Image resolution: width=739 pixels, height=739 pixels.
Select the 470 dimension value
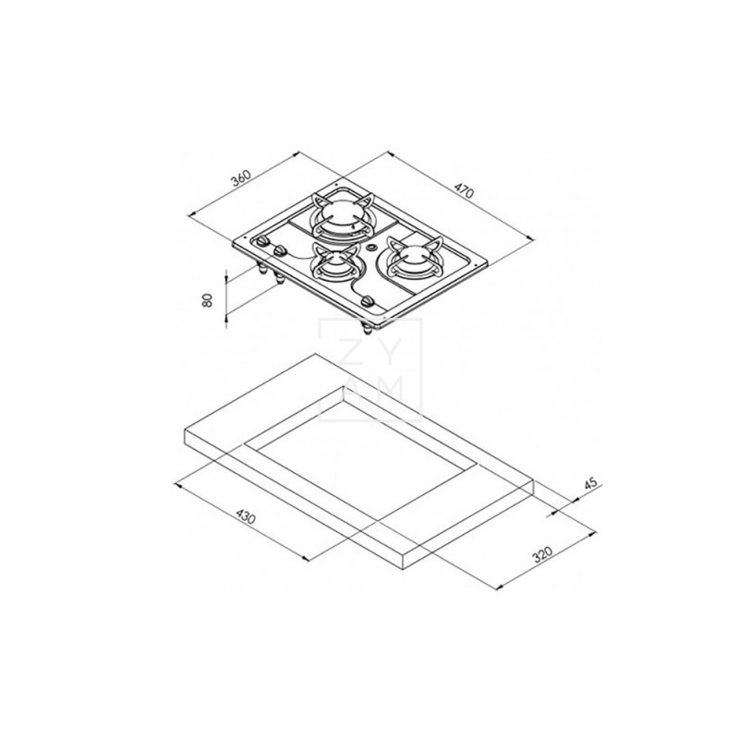(x=463, y=192)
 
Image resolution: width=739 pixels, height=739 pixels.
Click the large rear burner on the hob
(x=340, y=216)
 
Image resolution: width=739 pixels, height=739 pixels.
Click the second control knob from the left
(x=280, y=252)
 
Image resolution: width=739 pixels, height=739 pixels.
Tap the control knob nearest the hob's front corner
(x=368, y=302)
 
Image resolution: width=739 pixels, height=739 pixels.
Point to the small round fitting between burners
(x=370, y=249)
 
